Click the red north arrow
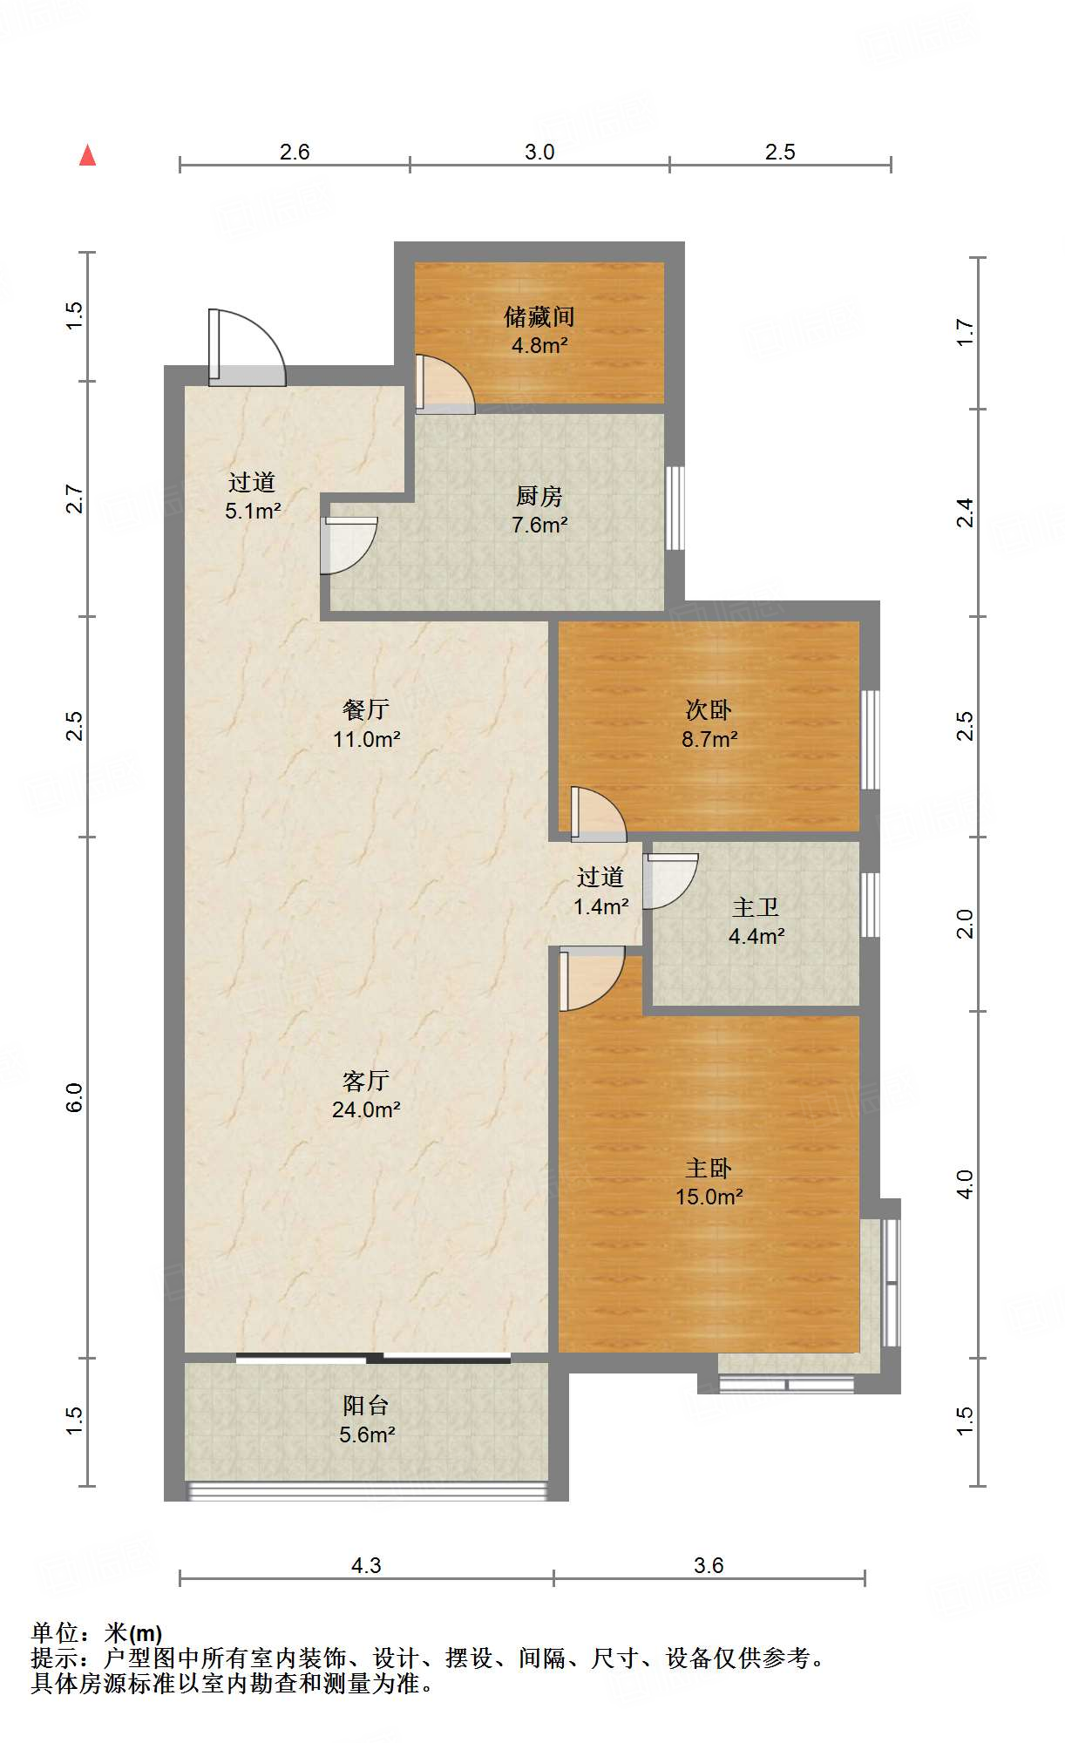(87, 155)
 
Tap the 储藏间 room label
(539, 316)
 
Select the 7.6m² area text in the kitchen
(539, 525)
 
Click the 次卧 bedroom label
(709, 710)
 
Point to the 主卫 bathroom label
(756, 907)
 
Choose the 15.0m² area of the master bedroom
(709, 1197)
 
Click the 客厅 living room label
(366, 1081)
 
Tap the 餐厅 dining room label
(366, 710)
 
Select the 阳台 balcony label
(366, 1405)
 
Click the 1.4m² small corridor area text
(601, 906)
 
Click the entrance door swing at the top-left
(247, 348)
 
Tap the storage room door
(444, 384)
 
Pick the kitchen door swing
(349, 546)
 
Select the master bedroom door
(591, 978)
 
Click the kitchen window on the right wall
(675, 508)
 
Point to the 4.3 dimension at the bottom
(366, 1565)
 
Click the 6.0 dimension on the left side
(74, 1096)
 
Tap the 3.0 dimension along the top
(539, 152)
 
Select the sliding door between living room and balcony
(373, 1357)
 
